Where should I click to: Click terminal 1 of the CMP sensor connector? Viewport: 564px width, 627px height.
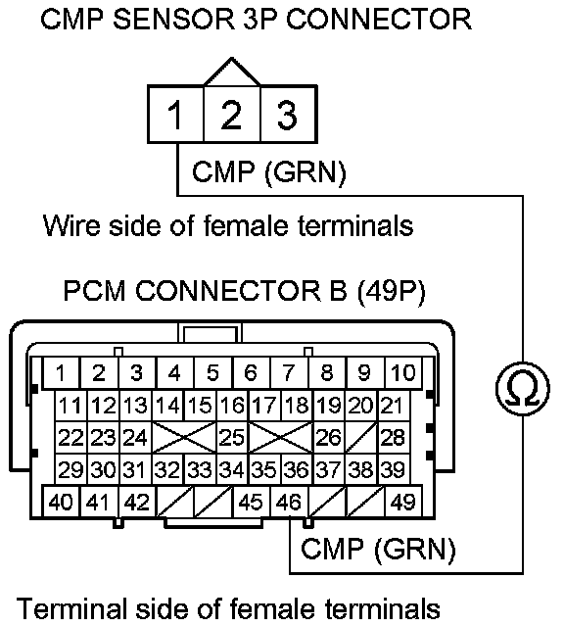176,114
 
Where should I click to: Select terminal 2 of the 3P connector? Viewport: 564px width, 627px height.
232,114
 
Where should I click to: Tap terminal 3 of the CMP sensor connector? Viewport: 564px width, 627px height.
289,114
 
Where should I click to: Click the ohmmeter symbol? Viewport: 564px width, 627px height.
523,389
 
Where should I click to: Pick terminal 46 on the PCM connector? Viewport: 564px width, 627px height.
290,502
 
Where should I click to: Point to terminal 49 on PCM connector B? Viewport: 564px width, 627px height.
403,502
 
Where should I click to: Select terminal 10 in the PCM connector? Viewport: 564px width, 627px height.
403,372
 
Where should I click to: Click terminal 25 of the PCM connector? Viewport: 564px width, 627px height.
232,437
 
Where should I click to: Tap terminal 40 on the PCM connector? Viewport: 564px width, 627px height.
61,502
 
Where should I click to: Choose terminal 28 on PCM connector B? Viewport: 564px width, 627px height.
394,437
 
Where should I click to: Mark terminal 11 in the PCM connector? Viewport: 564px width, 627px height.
70,405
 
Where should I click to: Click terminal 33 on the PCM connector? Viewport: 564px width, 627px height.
200,469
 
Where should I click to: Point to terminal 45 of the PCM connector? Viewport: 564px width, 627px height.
252,502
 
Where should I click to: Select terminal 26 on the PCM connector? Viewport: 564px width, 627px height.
329,437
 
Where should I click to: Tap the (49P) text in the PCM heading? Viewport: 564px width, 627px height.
391,290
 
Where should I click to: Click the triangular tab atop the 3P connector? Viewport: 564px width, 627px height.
232,72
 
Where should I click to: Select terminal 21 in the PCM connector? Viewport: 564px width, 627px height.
394,405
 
